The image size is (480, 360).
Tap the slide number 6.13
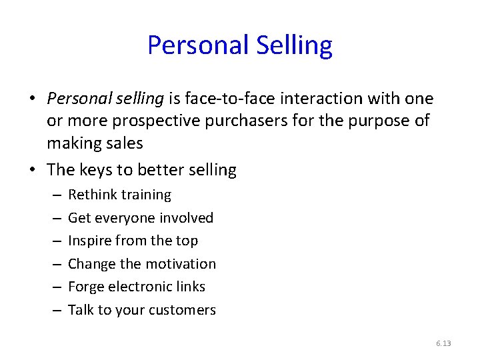(443, 343)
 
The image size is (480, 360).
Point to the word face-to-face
(224, 99)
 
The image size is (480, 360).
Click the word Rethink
(93, 195)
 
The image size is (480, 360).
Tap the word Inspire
(90, 241)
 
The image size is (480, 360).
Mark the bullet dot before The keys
(32, 170)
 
